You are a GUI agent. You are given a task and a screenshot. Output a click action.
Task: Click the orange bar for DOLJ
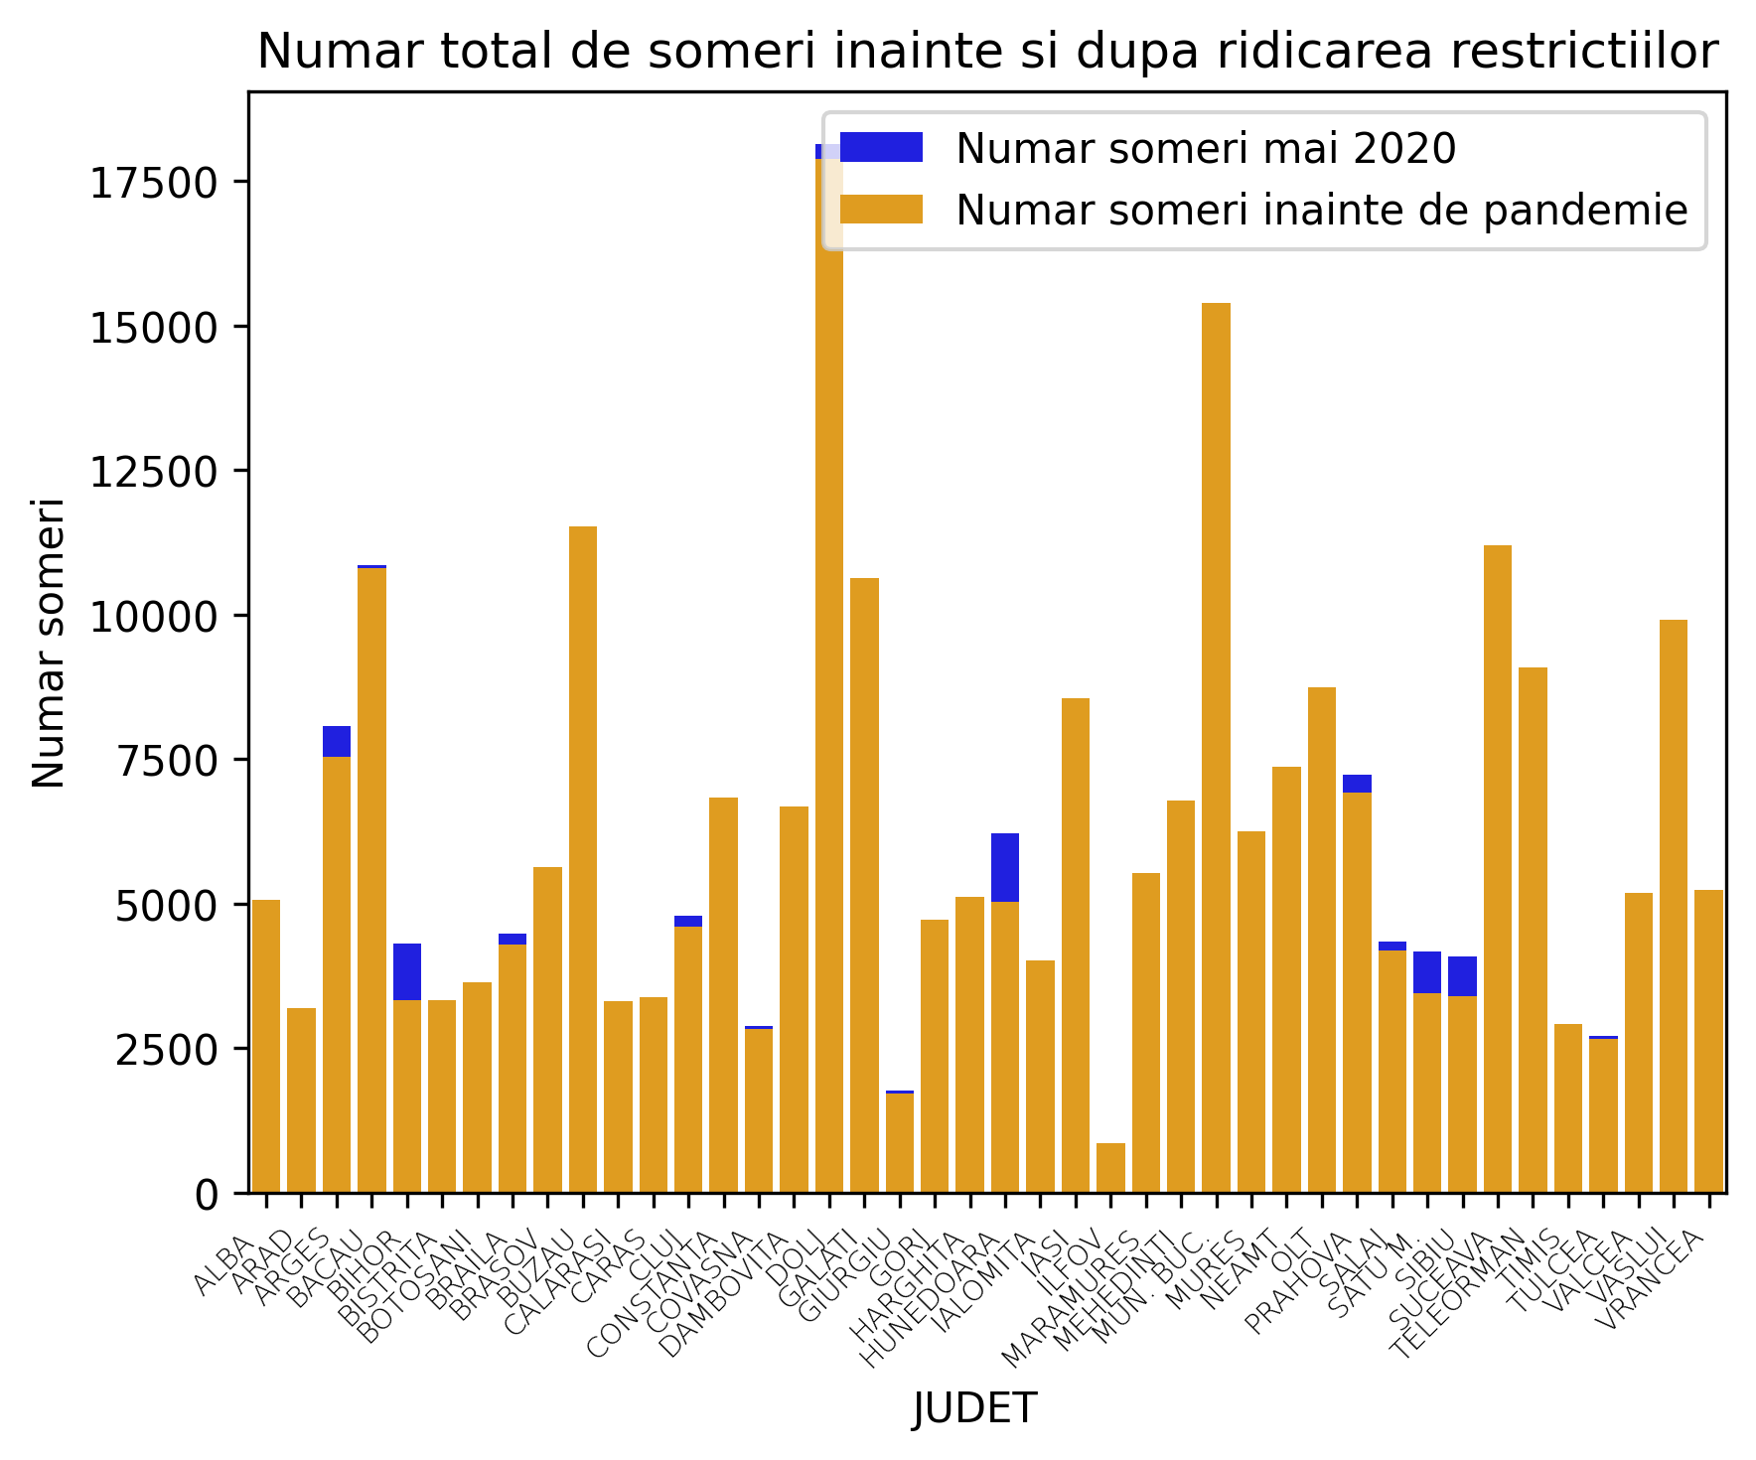[828, 695]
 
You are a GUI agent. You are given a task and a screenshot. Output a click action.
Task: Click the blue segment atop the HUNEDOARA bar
[1004, 867]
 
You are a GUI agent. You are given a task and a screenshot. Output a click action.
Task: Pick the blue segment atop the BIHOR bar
[406, 971]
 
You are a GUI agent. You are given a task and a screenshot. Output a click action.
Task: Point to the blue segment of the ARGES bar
[336, 741]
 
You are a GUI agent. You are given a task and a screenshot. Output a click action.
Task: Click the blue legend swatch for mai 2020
[880, 148]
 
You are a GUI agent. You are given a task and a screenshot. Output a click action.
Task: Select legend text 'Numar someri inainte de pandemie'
[1321, 211]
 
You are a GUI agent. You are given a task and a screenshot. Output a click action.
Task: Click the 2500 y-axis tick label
[164, 1050]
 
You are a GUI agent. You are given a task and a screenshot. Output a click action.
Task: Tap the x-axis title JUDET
[974, 1408]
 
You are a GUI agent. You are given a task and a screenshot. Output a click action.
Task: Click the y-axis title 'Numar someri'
[49, 643]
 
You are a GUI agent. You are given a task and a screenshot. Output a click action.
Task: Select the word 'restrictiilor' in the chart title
[1579, 52]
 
